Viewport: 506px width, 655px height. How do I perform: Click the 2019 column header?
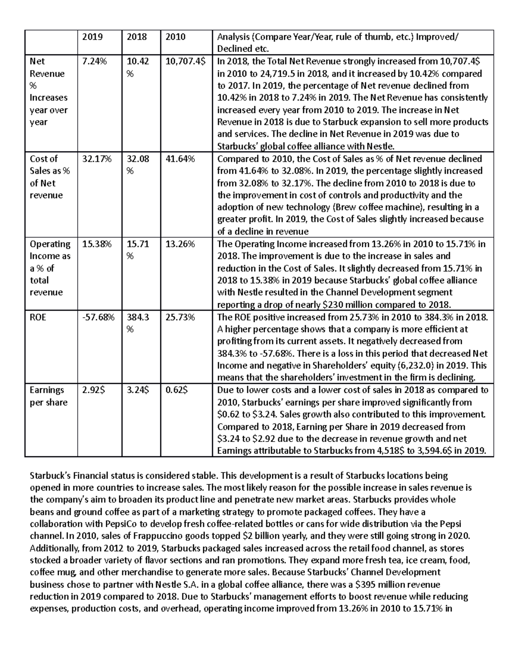click(92, 37)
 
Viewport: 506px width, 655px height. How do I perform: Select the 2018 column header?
click(137, 37)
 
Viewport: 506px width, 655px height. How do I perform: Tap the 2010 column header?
click(175, 37)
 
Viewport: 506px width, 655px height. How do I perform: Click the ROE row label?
click(38, 317)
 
